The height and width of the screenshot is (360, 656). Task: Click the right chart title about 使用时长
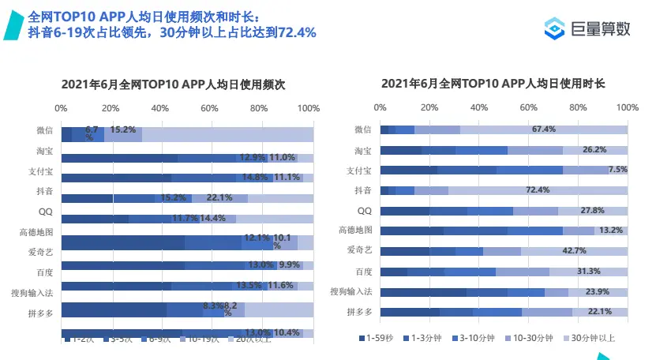click(493, 84)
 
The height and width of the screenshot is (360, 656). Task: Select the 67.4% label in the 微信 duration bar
click(544, 129)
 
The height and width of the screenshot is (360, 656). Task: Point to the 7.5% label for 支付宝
click(617, 170)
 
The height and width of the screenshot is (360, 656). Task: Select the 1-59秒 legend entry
click(379, 338)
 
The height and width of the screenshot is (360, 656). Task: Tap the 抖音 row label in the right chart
click(363, 190)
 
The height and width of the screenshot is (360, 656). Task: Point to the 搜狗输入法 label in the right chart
click(352, 292)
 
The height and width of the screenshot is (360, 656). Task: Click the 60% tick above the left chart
click(209, 107)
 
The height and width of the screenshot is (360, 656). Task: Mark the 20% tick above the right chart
click(429, 107)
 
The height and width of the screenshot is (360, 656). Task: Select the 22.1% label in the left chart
click(219, 197)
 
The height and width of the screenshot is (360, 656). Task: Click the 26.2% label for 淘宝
click(594, 149)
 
